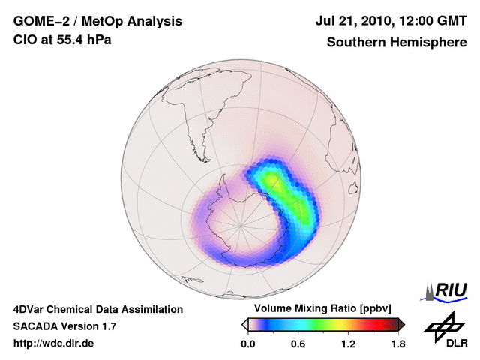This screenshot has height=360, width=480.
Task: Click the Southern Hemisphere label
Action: pos(395,42)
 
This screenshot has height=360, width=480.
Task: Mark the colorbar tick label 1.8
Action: pos(397,344)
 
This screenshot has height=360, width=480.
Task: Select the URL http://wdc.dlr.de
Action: pos(54,343)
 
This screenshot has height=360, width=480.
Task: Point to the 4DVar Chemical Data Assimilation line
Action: pos(97,309)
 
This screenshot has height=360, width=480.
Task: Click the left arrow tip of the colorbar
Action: pos(244,324)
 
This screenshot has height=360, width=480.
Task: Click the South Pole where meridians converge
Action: pos(241,224)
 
